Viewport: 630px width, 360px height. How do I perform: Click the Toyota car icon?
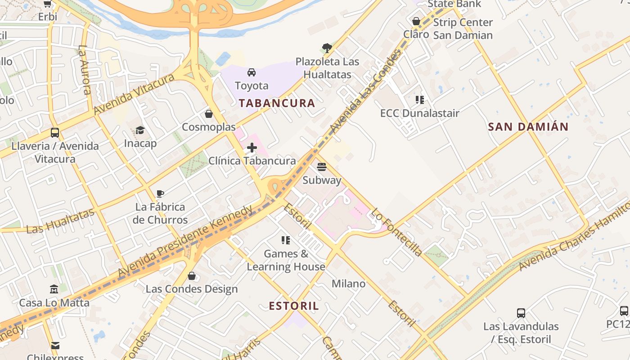(252, 72)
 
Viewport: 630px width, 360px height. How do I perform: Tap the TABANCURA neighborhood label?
(277, 103)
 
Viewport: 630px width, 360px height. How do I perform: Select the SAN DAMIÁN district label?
(528, 127)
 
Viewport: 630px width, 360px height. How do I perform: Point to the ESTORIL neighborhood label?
(294, 306)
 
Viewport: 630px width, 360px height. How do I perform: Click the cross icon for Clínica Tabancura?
(252, 148)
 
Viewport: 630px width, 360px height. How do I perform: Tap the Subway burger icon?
(321, 167)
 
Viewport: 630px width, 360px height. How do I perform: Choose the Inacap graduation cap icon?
(140, 130)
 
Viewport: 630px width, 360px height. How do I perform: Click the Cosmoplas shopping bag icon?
(208, 114)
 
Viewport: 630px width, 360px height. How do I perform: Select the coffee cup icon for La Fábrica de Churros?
(160, 194)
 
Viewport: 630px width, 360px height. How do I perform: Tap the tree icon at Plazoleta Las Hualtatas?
(327, 48)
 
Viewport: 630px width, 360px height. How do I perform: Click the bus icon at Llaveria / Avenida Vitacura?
(55, 133)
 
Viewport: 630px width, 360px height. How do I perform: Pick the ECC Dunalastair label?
(419, 113)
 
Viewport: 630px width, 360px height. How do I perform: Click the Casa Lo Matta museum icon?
(54, 289)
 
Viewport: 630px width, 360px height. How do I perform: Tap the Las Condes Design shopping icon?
(192, 276)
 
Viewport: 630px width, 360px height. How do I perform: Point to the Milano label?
(348, 284)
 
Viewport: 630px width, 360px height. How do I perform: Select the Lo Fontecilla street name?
(397, 233)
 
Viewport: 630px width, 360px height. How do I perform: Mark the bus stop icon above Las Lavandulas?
(521, 313)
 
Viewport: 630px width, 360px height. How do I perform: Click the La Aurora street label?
(85, 70)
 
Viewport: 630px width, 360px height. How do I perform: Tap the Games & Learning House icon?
(285, 240)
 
